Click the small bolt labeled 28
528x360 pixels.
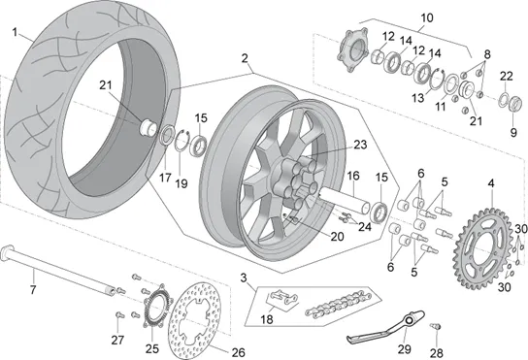pyautogui.click(x=436, y=326)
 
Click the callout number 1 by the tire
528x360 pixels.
pyautogui.click(x=15, y=32)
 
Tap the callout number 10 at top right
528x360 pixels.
pyautogui.click(x=427, y=17)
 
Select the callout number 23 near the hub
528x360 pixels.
pyautogui.click(x=360, y=145)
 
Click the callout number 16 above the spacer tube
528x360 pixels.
pyautogui.click(x=353, y=176)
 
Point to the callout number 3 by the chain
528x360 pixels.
pyautogui.click(x=244, y=278)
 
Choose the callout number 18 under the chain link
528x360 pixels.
pyautogui.click(x=267, y=319)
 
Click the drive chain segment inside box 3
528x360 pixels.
pyautogui.click(x=338, y=303)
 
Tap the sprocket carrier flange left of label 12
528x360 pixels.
pyautogui.click(x=352, y=50)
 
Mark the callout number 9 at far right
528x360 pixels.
pyautogui.click(x=513, y=132)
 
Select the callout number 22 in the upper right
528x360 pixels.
pyautogui.click(x=506, y=76)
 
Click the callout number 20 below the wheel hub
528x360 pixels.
pyautogui.click(x=337, y=237)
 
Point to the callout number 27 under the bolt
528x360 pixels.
pyautogui.click(x=117, y=341)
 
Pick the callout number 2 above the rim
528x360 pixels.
pyautogui.click(x=245, y=58)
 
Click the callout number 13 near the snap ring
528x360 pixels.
pyautogui.click(x=418, y=98)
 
